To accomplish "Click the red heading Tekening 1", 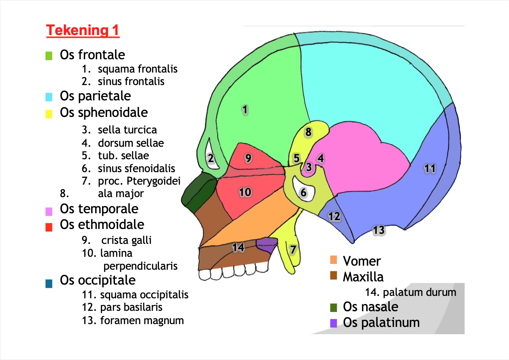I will click(83, 31).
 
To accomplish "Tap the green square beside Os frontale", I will click(49, 56).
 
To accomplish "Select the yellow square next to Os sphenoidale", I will click(49, 114).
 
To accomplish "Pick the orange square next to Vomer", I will click(333, 260).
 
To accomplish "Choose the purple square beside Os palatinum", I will click(333, 323).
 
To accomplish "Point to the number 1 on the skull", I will click(244, 109).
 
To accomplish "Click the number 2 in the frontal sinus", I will click(211, 158).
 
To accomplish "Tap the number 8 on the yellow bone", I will click(308, 132).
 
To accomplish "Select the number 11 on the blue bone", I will click(430, 169).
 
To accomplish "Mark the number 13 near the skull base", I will click(378, 230).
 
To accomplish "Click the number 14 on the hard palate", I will click(238, 247).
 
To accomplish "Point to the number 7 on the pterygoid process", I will click(293, 250).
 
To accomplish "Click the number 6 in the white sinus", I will click(304, 193).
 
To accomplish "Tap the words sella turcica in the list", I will click(127, 130).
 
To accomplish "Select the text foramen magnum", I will click(142, 321).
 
